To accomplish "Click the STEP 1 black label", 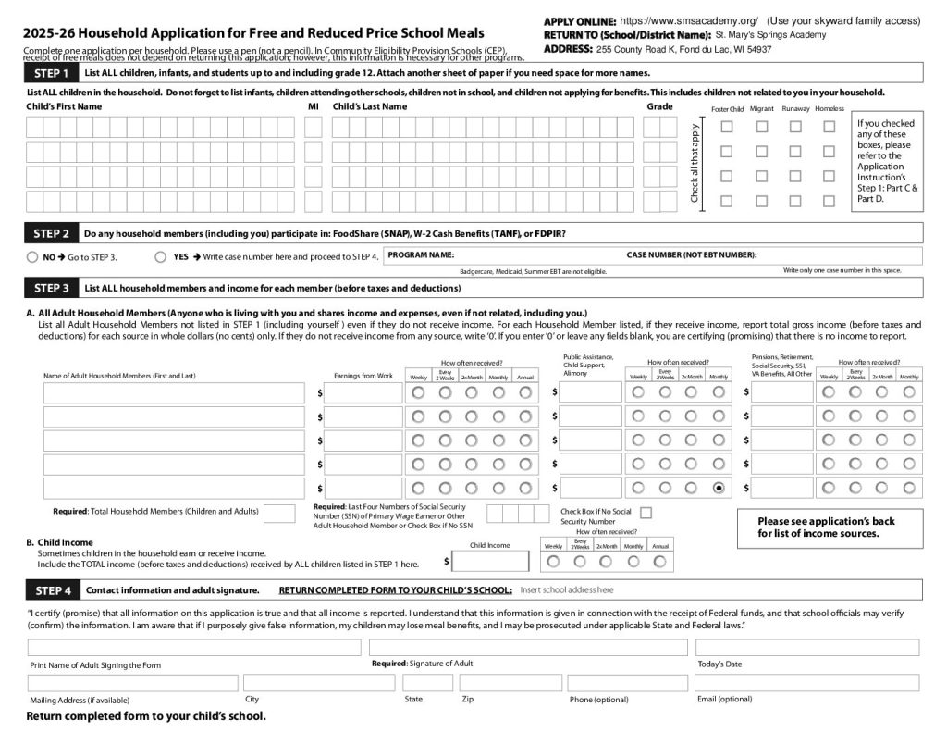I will coord(52,73).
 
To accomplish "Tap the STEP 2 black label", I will coord(52,233).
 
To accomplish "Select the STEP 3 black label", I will coord(52,288).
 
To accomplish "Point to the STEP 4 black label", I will coord(52,589).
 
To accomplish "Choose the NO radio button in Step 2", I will coord(33,257).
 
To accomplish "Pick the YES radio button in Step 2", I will coord(161,257).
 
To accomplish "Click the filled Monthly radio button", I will coord(719,488).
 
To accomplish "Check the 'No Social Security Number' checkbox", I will coord(646,512).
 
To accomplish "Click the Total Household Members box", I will coord(279,514).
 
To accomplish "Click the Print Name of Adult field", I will coord(194,648).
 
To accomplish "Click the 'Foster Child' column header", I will coord(727,109).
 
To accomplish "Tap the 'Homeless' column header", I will coord(830,109).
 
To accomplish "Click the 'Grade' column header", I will coord(659,106).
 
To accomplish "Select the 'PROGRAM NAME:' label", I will coord(421,254).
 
